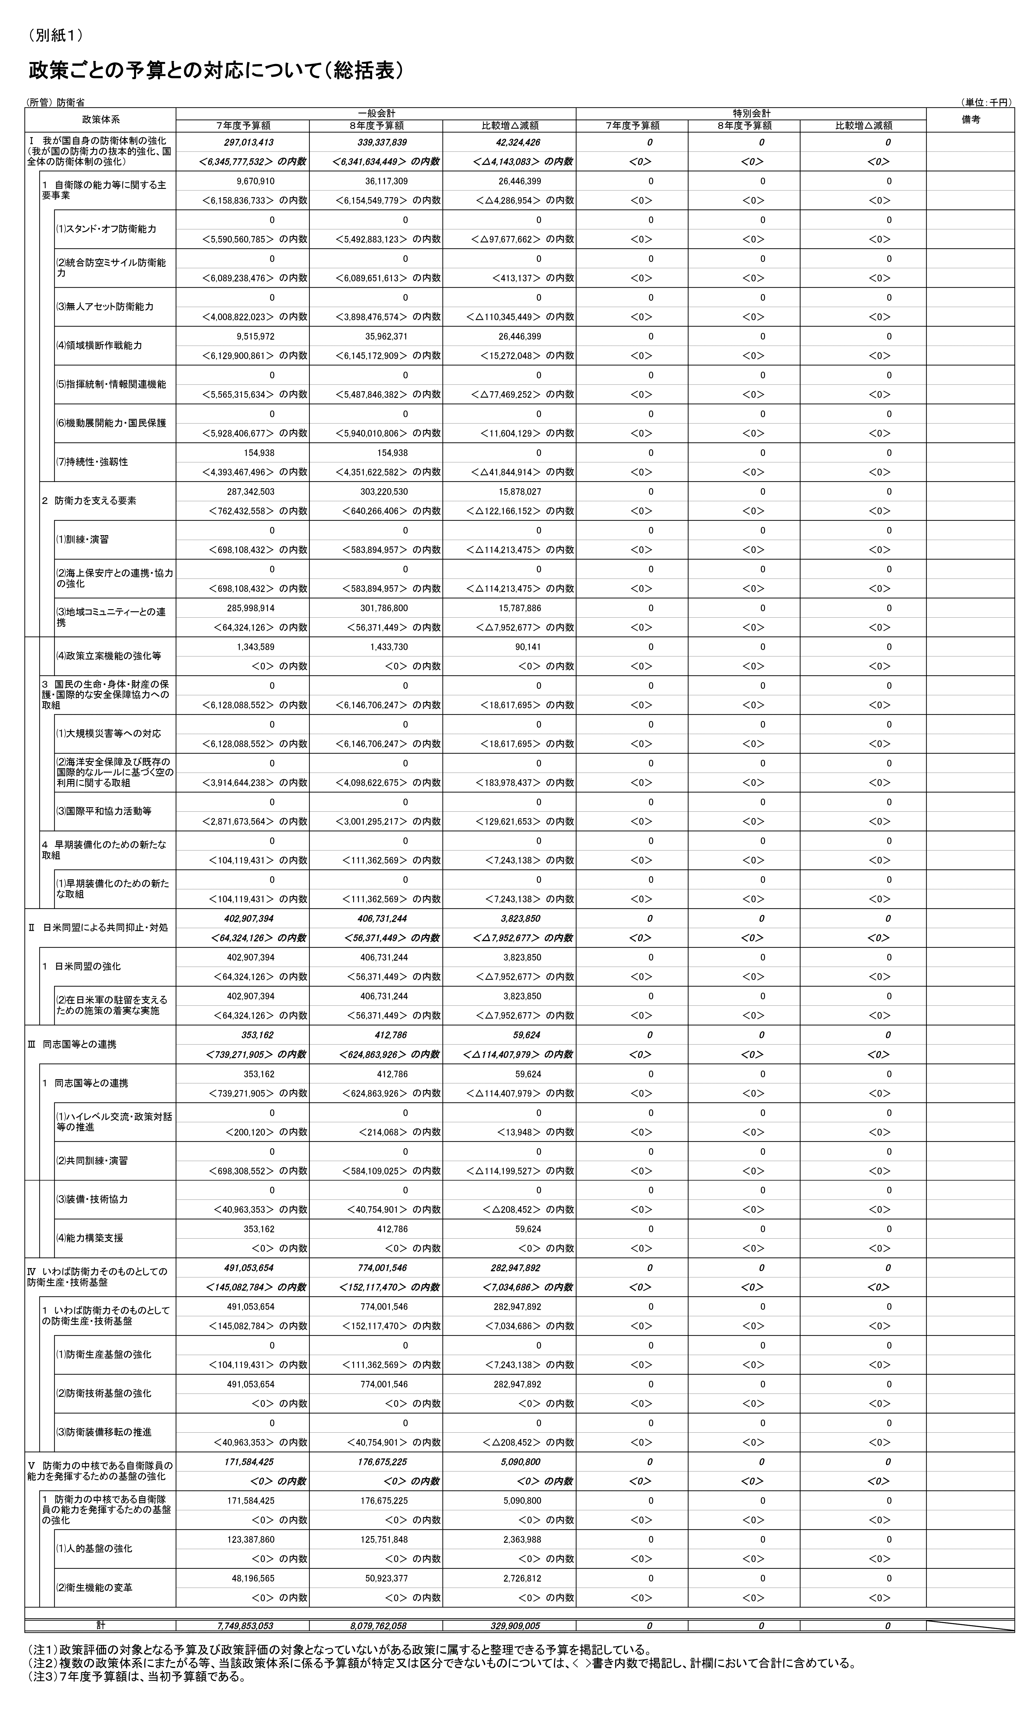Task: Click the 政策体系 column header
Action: tap(101, 119)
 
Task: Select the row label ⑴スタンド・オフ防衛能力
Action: tap(106, 229)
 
